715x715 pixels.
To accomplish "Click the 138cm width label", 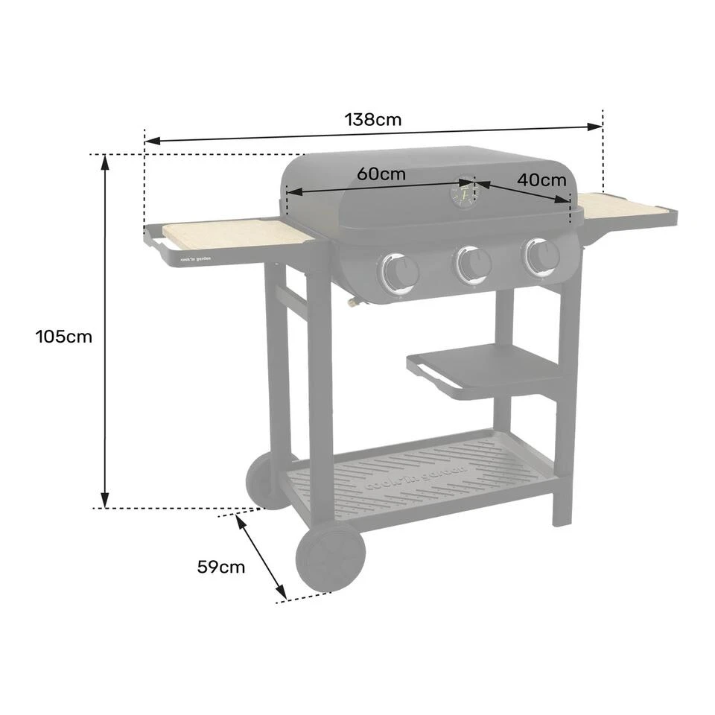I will click(x=372, y=119).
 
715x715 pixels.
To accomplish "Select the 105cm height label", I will click(x=64, y=337).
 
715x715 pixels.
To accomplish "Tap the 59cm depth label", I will click(x=220, y=567).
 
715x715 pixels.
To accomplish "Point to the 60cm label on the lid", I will click(x=381, y=174).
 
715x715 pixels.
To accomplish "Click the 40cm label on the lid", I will click(x=541, y=179).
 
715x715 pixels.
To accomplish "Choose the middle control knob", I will click(x=473, y=263).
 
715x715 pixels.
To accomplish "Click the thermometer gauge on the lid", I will click(x=463, y=192).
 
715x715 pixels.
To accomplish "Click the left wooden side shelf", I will click(x=238, y=235).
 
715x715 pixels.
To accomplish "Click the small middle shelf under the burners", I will click(x=484, y=367).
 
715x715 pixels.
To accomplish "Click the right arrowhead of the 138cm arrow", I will click(x=597, y=126).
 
